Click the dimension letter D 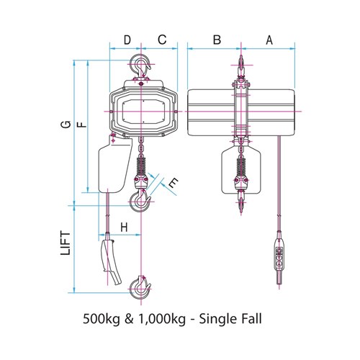point(127,40)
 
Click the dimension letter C point(162,40)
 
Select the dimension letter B point(217,40)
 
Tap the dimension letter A point(269,40)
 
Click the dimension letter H point(124,228)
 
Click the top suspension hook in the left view point(140,68)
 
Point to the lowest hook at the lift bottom point(140,288)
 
